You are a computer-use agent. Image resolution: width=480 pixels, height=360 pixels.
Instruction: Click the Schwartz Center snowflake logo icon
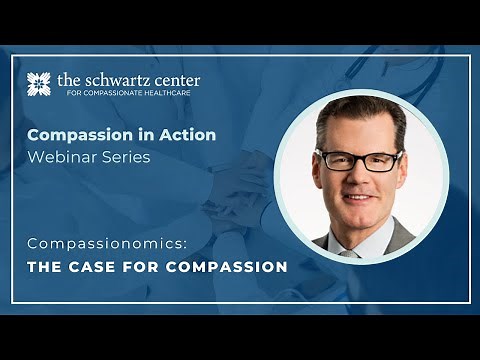point(40,85)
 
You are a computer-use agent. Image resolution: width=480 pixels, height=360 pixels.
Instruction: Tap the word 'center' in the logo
point(174,79)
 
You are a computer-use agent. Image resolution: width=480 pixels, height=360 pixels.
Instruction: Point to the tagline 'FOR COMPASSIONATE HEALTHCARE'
point(128,95)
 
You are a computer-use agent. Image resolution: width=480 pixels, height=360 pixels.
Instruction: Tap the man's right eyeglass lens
point(381,162)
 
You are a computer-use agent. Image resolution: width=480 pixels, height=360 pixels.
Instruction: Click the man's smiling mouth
point(357,200)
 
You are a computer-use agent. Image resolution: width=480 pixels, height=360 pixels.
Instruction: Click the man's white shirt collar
point(345,242)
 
